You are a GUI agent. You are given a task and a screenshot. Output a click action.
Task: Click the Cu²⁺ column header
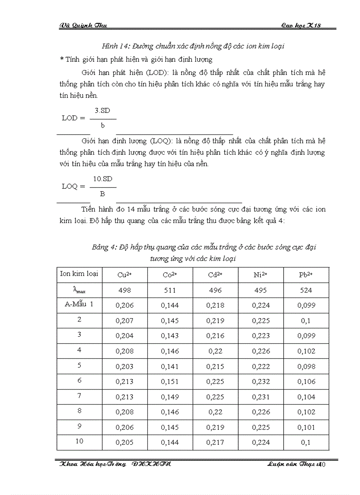(124, 275)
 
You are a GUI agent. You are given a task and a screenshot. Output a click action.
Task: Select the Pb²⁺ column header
(305, 275)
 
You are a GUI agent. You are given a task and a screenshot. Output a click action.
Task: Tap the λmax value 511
(169, 290)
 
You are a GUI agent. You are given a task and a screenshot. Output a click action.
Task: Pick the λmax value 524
(305, 290)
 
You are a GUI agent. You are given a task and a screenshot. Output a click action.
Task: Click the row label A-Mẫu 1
(79, 304)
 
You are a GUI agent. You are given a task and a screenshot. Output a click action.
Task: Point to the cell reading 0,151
(169, 382)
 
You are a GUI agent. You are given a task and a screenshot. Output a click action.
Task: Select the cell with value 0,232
(260, 382)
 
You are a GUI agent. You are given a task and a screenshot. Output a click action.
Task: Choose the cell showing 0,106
(305, 382)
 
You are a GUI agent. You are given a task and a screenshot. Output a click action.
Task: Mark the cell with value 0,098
(305, 366)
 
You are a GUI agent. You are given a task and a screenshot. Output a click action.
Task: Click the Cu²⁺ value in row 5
(124, 366)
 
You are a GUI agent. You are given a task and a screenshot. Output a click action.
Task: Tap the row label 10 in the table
(79, 441)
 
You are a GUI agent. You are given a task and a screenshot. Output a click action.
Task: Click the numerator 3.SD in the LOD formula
(102, 111)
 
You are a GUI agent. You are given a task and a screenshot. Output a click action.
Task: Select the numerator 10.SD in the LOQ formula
(102, 179)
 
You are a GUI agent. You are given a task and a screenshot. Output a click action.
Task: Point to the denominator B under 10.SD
(102, 194)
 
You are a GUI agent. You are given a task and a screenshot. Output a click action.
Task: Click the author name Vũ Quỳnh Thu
(83, 26)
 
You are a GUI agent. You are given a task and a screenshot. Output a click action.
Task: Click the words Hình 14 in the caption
(114, 46)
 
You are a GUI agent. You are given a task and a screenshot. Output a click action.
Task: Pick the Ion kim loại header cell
(79, 273)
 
